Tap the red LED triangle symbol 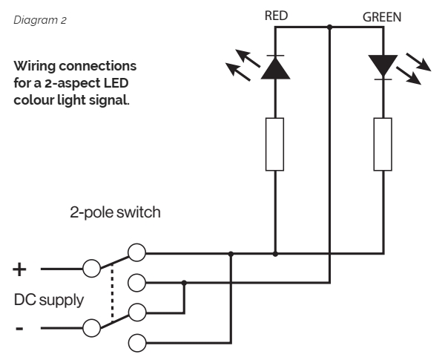click(x=275, y=67)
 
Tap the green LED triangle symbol click(x=383, y=66)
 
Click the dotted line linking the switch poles click(x=112, y=295)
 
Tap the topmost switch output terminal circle click(x=136, y=253)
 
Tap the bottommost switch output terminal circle click(x=136, y=342)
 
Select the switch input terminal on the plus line click(x=91, y=268)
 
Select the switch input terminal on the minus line click(x=91, y=327)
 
